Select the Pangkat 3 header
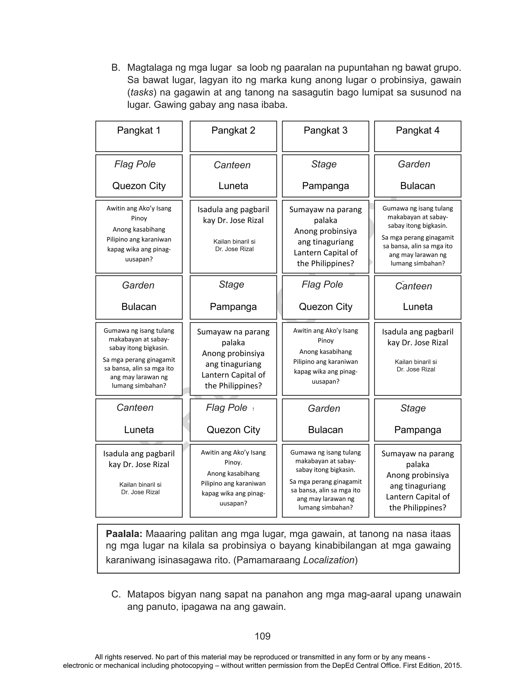(x=325, y=130)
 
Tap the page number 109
(x=262, y=636)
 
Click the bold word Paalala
(x=124, y=534)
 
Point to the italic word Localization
(x=329, y=560)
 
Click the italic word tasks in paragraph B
(x=142, y=93)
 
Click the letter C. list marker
(x=116, y=594)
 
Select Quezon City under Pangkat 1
(x=139, y=186)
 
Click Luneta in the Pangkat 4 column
(x=418, y=307)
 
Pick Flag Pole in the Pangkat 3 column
(x=322, y=284)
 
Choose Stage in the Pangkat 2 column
(x=231, y=284)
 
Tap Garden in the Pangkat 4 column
(x=414, y=164)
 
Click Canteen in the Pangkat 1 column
(x=135, y=407)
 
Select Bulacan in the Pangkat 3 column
(x=325, y=430)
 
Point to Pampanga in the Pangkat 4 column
(x=418, y=430)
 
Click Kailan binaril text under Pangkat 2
(x=234, y=242)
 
